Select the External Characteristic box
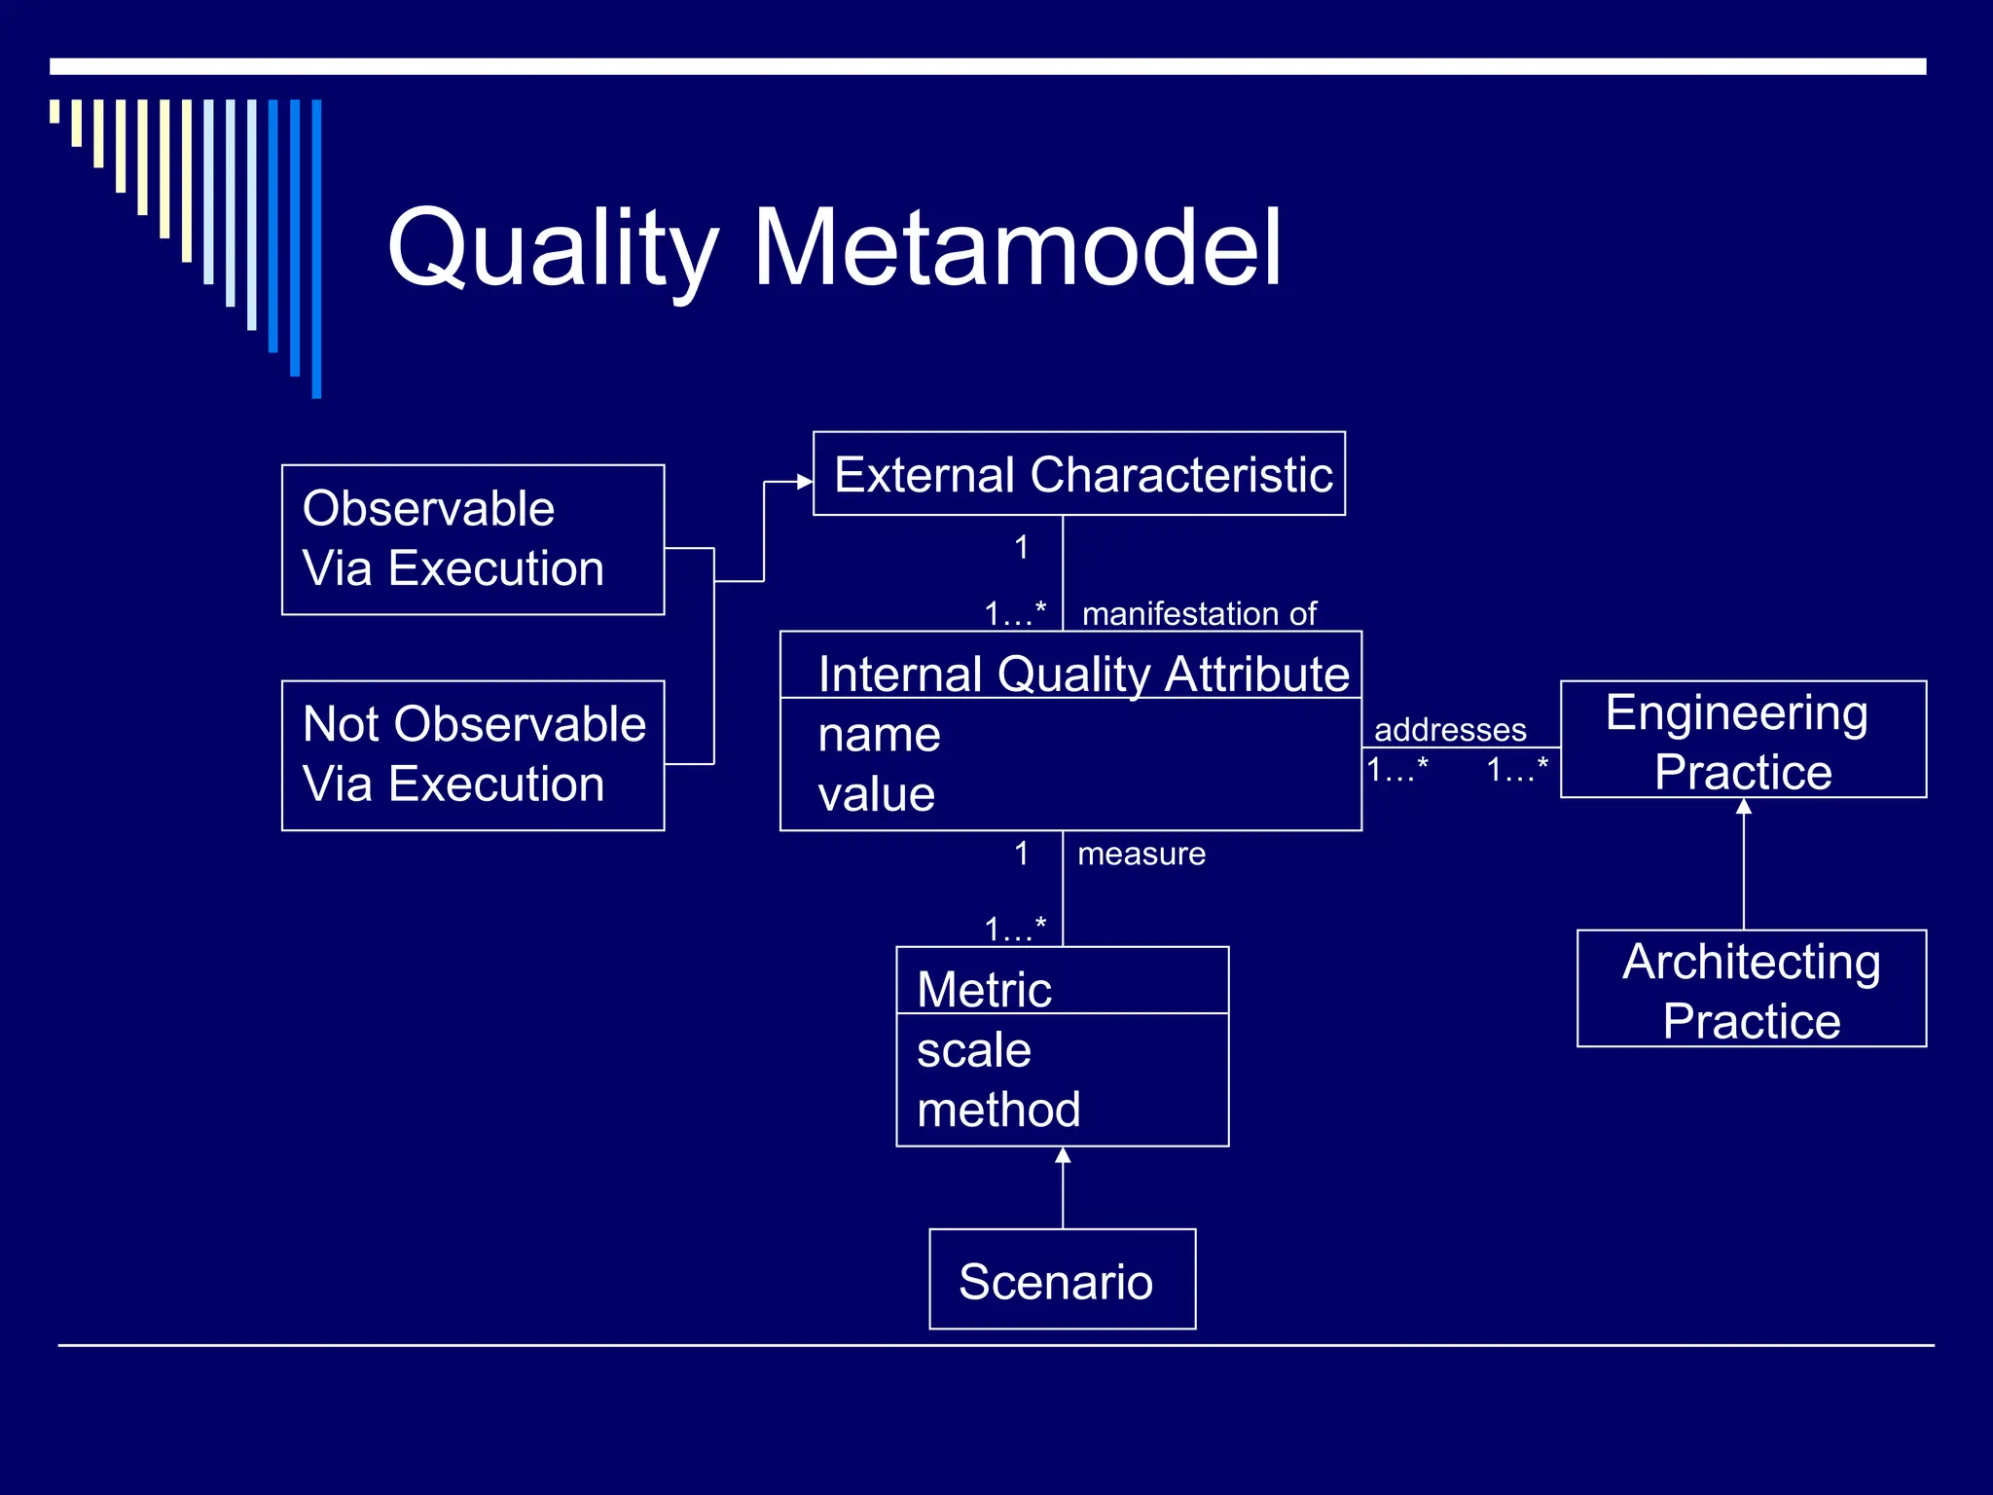(1078, 474)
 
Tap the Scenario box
(1061, 1280)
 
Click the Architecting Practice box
(1751, 989)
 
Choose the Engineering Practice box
(1742, 740)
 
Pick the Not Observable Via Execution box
(473, 755)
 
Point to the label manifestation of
(1199, 614)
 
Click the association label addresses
(1449, 729)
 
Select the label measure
(1141, 854)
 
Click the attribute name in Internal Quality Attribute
(879, 735)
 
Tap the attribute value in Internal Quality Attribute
(876, 794)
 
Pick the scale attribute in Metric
(973, 1050)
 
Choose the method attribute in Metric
(998, 1110)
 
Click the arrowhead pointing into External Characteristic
(805, 481)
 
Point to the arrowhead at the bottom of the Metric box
(1063, 1155)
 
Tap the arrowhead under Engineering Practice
(1744, 806)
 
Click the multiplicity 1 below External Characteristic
(1021, 547)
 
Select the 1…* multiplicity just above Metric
(1014, 929)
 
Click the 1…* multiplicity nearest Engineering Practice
(1516, 770)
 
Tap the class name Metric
(984, 990)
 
